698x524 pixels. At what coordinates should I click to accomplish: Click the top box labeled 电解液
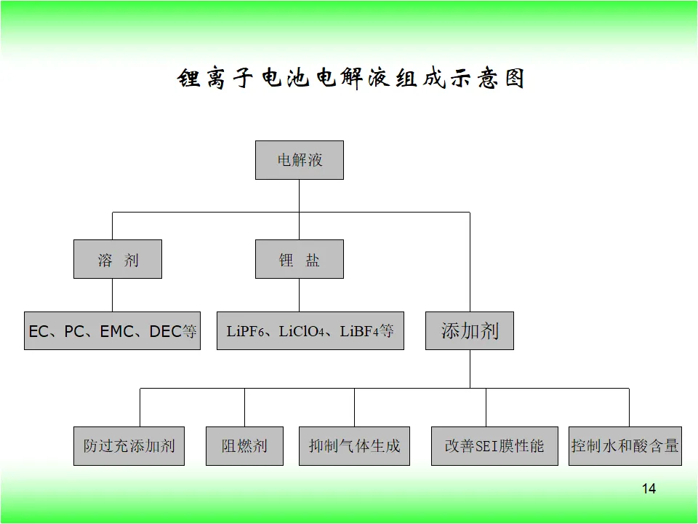tap(299, 160)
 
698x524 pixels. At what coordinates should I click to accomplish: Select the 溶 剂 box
tap(118, 259)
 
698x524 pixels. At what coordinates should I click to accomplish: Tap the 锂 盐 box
tap(299, 259)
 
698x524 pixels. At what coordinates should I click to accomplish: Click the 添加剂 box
tap(470, 330)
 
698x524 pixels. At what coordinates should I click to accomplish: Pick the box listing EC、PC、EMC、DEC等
tap(112, 330)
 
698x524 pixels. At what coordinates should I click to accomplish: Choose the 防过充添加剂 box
tap(129, 446)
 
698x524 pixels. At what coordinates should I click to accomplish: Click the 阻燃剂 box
tap(244, 446)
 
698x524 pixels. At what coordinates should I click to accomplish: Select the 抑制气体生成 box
tap(354, 446)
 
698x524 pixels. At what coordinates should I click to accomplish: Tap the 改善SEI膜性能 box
tap(494, 446)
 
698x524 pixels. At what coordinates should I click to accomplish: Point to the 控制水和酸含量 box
tap(625, 446)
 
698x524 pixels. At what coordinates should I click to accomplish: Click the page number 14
tap(649, 489)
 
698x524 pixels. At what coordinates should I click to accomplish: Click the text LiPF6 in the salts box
tap(245, 332)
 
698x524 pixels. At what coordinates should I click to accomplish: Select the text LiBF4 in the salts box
tap(358, 332)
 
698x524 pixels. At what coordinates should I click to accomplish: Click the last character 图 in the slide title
tap(515, 79)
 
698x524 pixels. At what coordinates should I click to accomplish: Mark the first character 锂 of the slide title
tap(189, 79)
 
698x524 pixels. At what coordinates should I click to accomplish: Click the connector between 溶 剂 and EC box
tap(112, 295)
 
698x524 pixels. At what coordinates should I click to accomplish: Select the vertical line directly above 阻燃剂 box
tap(244, 408)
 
